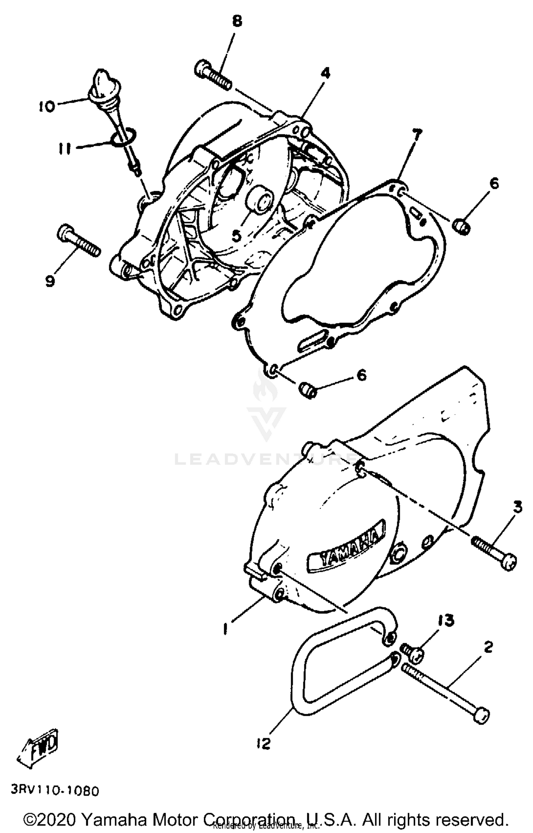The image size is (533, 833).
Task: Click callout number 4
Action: point(325,74)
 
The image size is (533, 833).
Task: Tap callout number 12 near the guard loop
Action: point(263,744)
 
